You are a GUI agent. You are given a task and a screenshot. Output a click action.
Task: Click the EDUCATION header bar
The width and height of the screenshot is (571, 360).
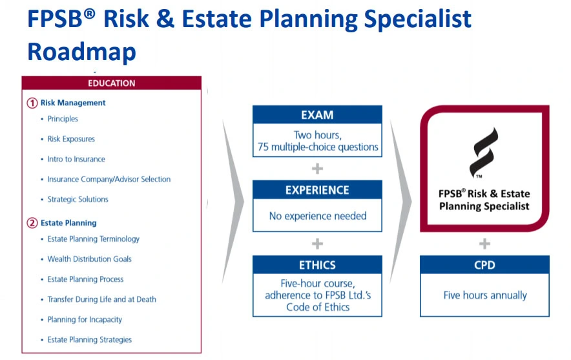(x=112, y=83)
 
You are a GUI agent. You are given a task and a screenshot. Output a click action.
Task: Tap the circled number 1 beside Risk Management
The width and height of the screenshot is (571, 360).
(x=32, y=103)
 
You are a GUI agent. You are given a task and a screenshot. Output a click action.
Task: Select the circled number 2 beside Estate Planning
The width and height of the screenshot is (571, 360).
(x=32, y=223)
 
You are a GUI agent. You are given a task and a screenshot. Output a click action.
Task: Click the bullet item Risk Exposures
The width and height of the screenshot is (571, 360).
(x=71, y=139)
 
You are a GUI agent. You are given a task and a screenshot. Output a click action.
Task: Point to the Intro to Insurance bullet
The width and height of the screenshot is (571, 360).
(x=76, y=159)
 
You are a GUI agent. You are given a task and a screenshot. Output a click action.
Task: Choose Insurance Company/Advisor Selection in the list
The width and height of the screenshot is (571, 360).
(x=109, y=179)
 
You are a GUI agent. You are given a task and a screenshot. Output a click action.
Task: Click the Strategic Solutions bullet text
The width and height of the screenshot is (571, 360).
(x=78, y=199)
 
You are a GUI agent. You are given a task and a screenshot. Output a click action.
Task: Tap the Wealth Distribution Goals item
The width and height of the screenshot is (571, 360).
(x=90, y=259)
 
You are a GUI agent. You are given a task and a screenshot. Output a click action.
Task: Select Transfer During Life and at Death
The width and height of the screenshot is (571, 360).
(x=101, y=299)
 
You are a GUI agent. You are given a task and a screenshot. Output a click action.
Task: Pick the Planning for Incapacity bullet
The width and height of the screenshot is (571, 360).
(x=85, y=319)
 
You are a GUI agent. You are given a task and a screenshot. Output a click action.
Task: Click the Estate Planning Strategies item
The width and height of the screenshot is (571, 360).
(x=90, y=339)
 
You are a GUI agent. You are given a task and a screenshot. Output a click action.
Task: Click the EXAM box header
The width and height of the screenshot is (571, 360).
(x=317, y=115)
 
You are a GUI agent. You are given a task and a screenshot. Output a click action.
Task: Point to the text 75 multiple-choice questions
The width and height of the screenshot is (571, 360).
(x=318, y=147)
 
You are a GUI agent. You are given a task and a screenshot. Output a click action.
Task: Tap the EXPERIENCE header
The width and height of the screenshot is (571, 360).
(x=317, y=190)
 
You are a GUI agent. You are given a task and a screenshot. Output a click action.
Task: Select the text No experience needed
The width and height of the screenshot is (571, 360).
(x=318, y=216)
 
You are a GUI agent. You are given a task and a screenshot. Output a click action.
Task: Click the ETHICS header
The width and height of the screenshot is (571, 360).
(x=317, y=265)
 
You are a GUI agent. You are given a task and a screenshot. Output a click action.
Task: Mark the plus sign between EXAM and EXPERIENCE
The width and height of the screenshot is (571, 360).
(x=317, y=169)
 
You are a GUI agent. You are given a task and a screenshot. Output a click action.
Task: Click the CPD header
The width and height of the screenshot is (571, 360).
(x=484, y=265)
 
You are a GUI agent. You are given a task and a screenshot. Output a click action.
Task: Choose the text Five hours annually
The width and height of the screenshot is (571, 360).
(x=485, y=295)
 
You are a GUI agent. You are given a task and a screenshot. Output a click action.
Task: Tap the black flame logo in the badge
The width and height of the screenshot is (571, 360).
(x=483, y=153)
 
